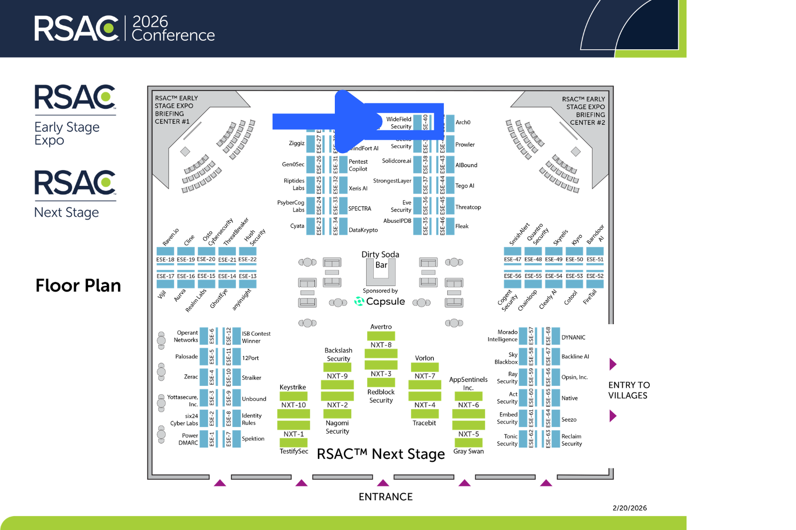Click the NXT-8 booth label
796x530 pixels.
381,345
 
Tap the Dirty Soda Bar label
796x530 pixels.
381,260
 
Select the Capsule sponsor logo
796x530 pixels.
380,301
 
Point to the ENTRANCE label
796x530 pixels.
386,497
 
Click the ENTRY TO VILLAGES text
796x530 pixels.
629,390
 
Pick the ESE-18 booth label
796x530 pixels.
165,260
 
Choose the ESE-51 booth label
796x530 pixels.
595,260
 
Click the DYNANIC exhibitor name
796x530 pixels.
573,337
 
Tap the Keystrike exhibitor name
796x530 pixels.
293,387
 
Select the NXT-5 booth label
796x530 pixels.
469,434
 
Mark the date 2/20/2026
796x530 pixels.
629,508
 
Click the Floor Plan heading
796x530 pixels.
78,286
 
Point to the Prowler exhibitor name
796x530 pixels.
465,145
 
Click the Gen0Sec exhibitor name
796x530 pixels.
293,165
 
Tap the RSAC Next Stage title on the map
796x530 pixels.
381,454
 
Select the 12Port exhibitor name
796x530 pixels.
250,358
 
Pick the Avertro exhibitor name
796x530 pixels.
381,327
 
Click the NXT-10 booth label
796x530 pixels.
294,405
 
